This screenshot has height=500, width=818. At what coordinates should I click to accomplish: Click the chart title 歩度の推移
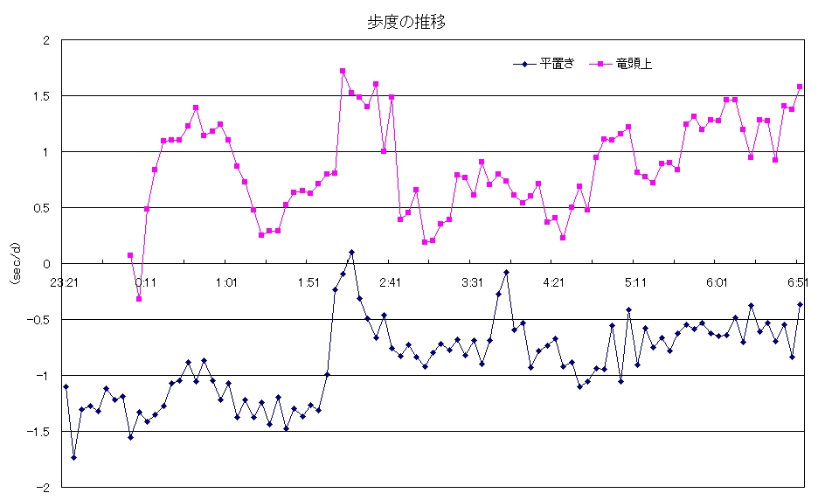click(406, 24)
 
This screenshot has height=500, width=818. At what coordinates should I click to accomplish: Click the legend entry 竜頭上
click(627, 63)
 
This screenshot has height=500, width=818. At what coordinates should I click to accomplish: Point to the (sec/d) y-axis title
click(15, 263)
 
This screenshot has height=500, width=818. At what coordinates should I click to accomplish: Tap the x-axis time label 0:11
click(146, 282)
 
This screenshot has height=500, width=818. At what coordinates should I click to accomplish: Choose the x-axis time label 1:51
click(308, 282)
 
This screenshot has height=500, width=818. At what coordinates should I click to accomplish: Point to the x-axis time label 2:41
click(390, 282)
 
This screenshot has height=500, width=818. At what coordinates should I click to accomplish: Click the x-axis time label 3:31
click(472, 282)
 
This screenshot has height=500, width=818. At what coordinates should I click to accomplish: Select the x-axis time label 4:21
click(553, 282)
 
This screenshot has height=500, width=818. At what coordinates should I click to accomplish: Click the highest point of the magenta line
click(343, 71)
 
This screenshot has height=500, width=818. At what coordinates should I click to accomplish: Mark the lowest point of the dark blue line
click(73, 457)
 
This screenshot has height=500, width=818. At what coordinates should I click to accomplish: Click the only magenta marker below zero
click(138, 299)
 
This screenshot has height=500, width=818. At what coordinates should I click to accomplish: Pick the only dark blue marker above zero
click(351, 252)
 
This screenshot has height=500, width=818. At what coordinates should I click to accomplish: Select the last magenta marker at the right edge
click(800, 87)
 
